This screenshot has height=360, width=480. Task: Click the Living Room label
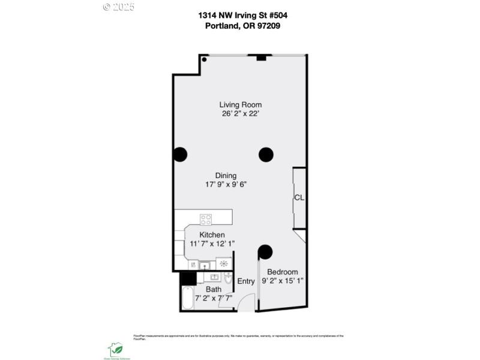(x=240, y=104)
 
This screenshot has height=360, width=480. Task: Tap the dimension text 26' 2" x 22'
(x=240, y=115)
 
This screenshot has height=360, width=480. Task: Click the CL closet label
(x=299, y=197)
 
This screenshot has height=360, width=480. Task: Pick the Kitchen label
(x=212, y=235)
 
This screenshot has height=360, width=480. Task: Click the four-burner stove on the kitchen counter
(x=206, y=219)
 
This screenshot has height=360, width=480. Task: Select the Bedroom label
(x=282, y=272)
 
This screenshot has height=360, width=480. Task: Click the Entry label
(x=246, y=281)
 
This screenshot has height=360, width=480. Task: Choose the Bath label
(x=214, y=289)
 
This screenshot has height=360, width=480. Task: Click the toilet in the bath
(x=228, y=279)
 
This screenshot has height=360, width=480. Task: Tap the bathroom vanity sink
(x=213, y=277)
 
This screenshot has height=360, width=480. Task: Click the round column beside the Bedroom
(x=265, y=251)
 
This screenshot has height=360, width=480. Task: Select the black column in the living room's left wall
(x=179, y=155)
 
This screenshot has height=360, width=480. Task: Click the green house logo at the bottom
(x=115, y=349)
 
